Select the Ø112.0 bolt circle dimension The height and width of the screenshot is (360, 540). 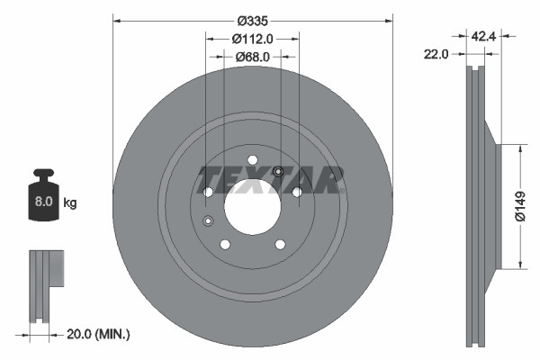click(252, 39)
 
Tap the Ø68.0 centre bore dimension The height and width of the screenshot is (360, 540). click(252, 57)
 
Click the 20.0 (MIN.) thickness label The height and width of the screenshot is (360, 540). click(98, 334)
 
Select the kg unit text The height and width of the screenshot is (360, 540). click(70, 202)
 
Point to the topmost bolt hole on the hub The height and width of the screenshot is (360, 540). click(252, 160)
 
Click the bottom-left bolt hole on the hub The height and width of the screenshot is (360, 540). click(225, 244)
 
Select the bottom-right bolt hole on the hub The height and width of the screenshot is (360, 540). click(280, 244)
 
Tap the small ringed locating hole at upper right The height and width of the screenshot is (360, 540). click(278, 173)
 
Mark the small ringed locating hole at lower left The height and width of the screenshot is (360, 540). click(208, 221)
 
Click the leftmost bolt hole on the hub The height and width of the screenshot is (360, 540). click(208, 192)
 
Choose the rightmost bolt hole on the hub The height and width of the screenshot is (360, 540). click(297, 192)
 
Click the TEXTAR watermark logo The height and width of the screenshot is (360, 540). click(270, 180)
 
